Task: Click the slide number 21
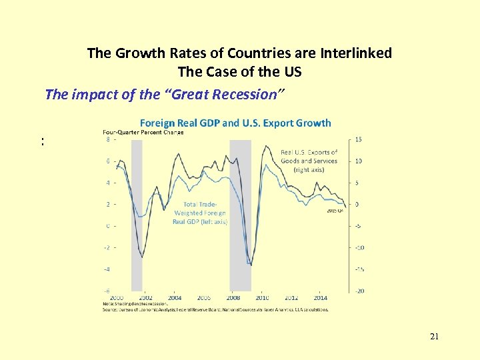[x=434, y=337]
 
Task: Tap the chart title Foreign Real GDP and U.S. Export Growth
[x=235, y=123]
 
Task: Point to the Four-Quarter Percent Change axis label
[x=143, y=132]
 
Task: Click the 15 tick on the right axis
[x=358, y=139]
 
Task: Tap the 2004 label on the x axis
[x=175, y=298]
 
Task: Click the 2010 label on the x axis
[x=263, y=298]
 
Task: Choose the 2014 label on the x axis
[x=321, y=298]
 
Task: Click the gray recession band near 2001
[x=137, y=213]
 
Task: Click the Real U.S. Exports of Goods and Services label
[x=309, y=161]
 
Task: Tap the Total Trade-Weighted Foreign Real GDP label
[x=200, y=213]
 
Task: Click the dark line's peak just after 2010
[x=267, y=146]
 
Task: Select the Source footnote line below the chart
[x=215, y=309]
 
